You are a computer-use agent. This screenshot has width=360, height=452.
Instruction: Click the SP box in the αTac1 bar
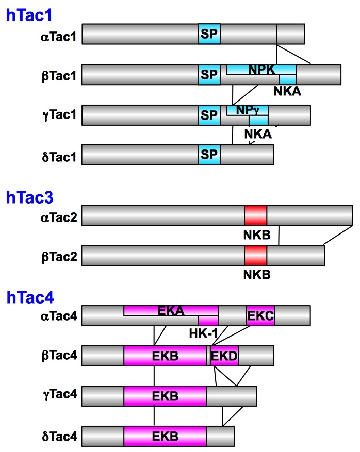209,34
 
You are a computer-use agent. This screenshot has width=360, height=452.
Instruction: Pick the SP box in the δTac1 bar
209,155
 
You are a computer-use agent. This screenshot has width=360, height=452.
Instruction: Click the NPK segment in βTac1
261,69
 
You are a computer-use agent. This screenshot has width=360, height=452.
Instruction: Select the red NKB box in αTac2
256,214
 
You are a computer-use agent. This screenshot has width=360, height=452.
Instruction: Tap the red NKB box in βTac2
256,255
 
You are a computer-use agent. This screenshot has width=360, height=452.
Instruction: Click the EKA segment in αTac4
170,310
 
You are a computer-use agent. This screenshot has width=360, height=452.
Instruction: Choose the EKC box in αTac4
260,315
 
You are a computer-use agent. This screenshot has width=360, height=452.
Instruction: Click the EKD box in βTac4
224,356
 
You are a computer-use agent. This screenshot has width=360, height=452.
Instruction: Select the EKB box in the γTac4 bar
165,396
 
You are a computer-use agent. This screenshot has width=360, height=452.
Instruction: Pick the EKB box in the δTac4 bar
165,436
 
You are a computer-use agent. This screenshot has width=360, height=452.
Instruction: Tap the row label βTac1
58,75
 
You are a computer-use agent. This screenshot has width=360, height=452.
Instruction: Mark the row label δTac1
58,155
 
